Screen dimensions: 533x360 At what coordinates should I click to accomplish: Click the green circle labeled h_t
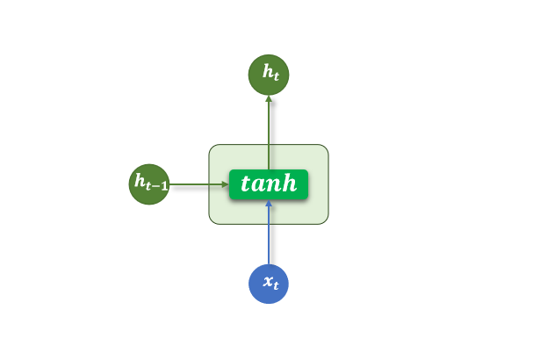pyautogui.click(x=269, y=75)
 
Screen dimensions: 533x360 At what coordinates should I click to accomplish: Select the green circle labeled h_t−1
pyautogui.click(x=149, y=184)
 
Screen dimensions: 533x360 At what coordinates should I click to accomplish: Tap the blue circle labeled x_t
pyautogui.click(x=269, y=284)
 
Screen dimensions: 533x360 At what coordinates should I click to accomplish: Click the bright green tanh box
pyautogui.click(x=269, y=184)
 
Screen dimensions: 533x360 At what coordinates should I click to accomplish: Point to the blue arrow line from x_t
pyautogui.click(x=269, y=232)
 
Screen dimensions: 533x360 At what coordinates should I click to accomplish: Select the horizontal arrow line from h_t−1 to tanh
pyautogui.click(x=198, y=184)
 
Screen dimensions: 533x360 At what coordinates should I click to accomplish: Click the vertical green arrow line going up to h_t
pyautogui.click(x=269, y=133)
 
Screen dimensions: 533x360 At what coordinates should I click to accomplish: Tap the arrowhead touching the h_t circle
pyautogui.click(x=269, y=98)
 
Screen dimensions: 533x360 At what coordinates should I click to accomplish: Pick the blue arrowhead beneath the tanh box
pyautogui.click(x=269, y=203)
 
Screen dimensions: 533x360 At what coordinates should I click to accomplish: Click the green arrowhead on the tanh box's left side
pyautogui.click(x=226, y=184)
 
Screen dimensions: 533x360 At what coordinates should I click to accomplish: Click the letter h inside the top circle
pyautogui.click(x=267, y=71)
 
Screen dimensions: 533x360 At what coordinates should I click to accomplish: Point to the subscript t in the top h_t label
pyautogui.click(x=276, y=76)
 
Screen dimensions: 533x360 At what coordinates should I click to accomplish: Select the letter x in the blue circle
pyautogui.click(x=268, y=281)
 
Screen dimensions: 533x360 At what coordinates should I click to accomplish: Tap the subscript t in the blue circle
pyautogui.click(x=276, y=284)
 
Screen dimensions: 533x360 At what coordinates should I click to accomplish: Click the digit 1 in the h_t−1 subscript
pyautogui.click(x=164, y=185)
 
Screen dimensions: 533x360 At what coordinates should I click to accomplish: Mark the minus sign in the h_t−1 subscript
pyautogui.click(x=156, y=186)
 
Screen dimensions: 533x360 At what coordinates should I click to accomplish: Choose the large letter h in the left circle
pyautogui.click(x=140, y=180)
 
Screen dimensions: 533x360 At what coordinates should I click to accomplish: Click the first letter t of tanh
pyautogui.click(x=245, y=184)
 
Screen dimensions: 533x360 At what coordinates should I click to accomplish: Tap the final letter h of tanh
pyautogui.click(x=289, y=183)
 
